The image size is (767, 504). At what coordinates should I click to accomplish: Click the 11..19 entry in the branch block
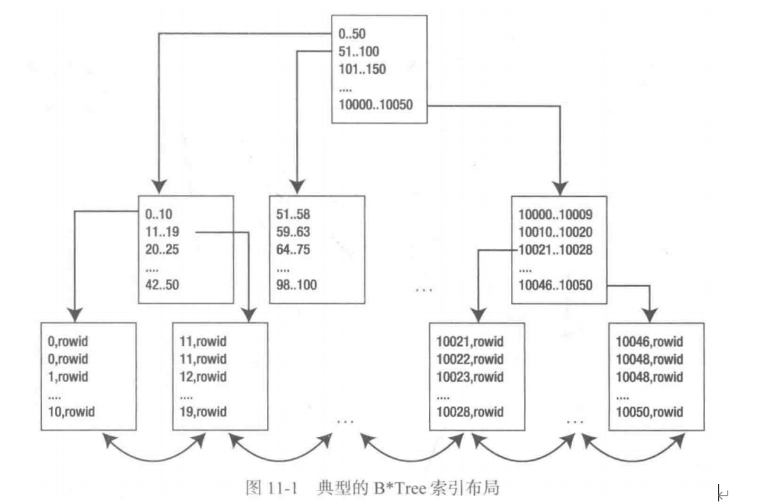[x=162, y=232]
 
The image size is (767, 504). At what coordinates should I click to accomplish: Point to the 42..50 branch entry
[x=162, y=285]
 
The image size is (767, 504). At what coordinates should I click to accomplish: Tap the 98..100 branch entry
[x=297, y=285]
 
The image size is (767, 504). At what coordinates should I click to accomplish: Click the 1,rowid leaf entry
[x=68, y=376]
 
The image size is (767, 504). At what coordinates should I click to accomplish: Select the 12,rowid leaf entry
[x=203, y=376]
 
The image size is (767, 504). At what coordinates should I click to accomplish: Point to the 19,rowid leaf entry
[x=203, y=411]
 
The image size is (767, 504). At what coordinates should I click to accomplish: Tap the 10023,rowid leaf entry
[x=470, y=376]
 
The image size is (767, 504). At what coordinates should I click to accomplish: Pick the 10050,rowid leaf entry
[x=649, y=411]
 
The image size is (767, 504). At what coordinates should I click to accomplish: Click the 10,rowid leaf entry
[x=71, y=411]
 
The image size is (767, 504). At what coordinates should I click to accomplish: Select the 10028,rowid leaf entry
[x=470, y=411]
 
